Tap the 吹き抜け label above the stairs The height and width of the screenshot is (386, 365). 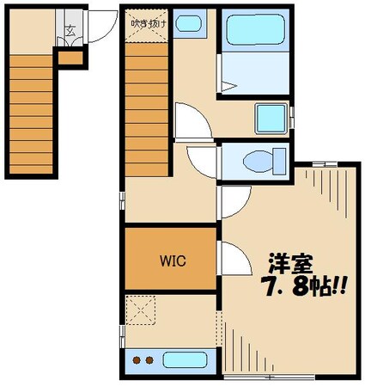[149, 22]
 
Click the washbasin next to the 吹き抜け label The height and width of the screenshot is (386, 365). [190, 23]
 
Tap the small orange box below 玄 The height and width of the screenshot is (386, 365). [71, 59]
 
